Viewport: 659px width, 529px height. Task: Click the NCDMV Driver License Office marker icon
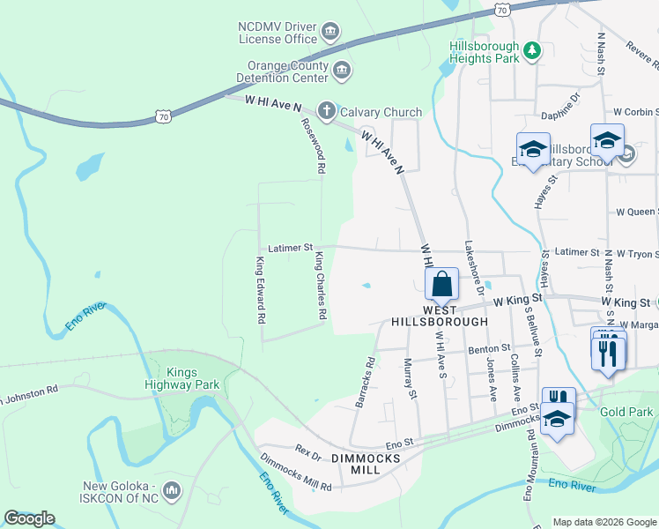click(x=330, y=34)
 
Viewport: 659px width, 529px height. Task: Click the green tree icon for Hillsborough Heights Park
click(x=532, y=52)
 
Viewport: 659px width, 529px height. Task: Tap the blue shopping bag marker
click(x=441, y=284)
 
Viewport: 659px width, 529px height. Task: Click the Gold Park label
click(x=626, y=412)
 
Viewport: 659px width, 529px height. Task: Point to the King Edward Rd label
click(x=260, y=290)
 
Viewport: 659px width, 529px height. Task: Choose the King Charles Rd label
click(x=322, y=286)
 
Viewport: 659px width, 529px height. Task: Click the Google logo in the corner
click(x=29, y=518)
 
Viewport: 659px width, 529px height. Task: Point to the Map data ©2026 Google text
click(x=604, y=521)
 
